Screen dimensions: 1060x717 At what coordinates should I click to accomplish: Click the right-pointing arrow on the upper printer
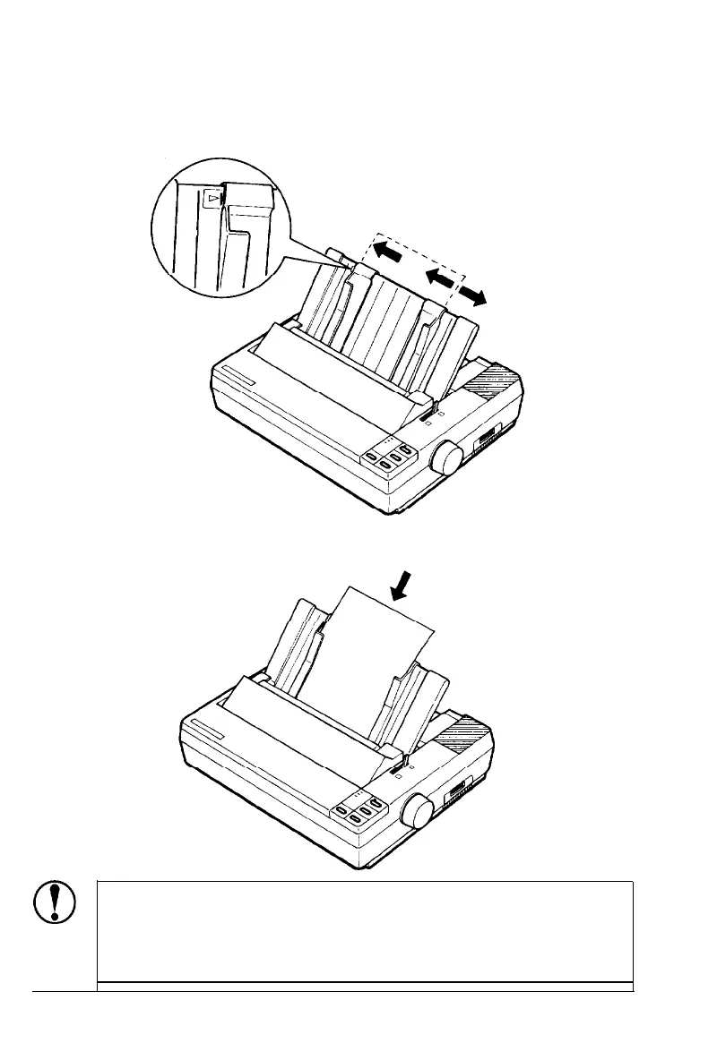click(x=472, y=297)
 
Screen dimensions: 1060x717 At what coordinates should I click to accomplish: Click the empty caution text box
click(x=365, y=931)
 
